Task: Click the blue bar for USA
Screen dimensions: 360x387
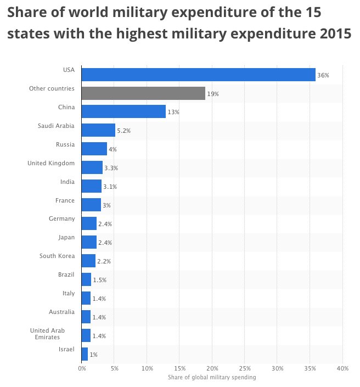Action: pos(198,75)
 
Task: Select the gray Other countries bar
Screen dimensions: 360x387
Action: pos(143,93)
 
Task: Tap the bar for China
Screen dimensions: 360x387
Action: pos(123,111)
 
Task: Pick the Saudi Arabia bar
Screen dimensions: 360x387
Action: pos(98,130)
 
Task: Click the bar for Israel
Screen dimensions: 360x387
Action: pos(85,354)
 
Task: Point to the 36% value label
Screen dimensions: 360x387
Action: pos(323,75)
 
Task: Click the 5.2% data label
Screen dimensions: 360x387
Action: pos(123,131)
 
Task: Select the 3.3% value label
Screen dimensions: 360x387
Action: pos(111,168)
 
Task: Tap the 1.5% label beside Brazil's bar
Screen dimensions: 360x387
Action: pos(100,280)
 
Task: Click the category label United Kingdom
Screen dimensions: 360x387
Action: pos(51,163)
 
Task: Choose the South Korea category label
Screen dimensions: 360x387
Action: pos(57,256)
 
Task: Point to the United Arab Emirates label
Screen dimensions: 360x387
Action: pos(47,334)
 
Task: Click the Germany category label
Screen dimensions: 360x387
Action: pos(61,218)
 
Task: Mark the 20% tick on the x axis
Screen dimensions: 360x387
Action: pos(212,368)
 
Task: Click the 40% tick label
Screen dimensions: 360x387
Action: pos(342,368)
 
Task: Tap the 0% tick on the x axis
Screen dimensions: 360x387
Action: pos(82,368)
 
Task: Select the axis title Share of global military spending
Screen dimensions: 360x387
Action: pos(212,377)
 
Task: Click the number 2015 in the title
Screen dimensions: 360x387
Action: pos(335,33)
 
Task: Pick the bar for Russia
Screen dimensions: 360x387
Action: pos(94,149)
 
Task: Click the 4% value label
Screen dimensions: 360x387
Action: pos(113,149)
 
